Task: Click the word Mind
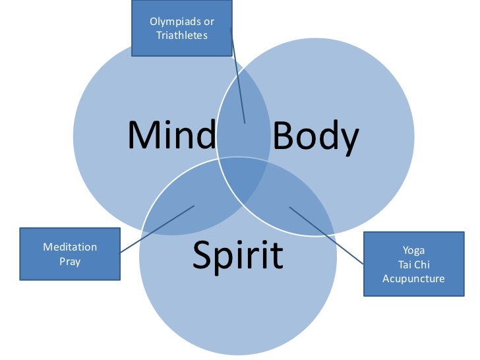(171, 136)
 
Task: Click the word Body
(315, 138)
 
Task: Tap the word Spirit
(237, 256)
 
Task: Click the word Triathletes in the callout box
(182, 35)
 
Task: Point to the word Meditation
(70, 247)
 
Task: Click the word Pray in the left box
(70, 261)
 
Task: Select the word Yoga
(413, 251)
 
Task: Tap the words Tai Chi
(413, 264)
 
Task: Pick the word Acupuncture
(413, 278)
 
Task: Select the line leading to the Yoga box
(326, 235)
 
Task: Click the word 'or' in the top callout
(208, 22)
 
